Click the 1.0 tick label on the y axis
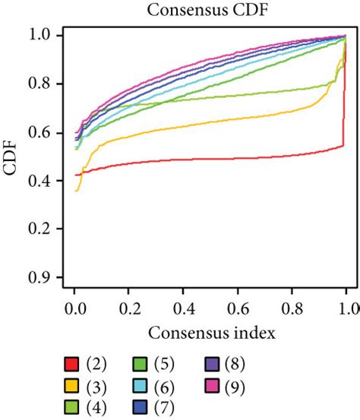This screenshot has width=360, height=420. (45, 35)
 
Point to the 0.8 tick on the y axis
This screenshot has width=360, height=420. (45, 84)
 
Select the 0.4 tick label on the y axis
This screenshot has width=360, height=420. (45, 181)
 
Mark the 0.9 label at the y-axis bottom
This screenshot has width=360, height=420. (45, 277)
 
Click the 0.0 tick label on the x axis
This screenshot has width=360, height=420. (74, 309)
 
